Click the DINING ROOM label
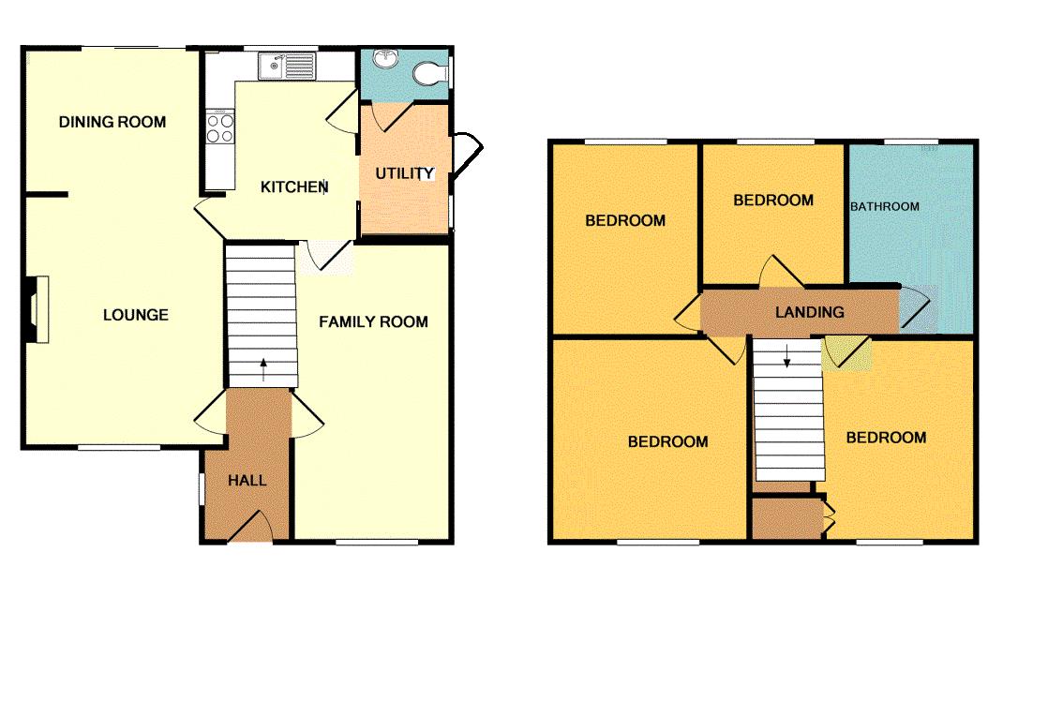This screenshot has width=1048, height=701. (112, 122)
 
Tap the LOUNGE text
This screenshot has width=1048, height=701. (136, 315)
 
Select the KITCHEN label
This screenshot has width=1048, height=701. (294, 187)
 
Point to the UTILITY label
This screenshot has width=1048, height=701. (404, 173)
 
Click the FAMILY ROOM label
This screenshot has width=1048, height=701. (373, 322)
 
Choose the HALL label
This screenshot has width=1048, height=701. (247, 481)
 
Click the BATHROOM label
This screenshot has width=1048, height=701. (885, 206)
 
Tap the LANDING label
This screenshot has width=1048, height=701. (809, 312)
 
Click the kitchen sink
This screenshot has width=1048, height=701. (289, 66)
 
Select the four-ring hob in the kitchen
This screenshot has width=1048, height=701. (220, 127)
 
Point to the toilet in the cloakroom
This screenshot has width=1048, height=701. (431, 73)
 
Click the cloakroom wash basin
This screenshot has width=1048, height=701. (384, 58)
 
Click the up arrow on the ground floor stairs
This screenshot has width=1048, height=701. (262, 368)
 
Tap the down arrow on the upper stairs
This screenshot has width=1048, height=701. (786, 356)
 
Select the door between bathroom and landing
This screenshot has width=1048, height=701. (915, 309)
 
